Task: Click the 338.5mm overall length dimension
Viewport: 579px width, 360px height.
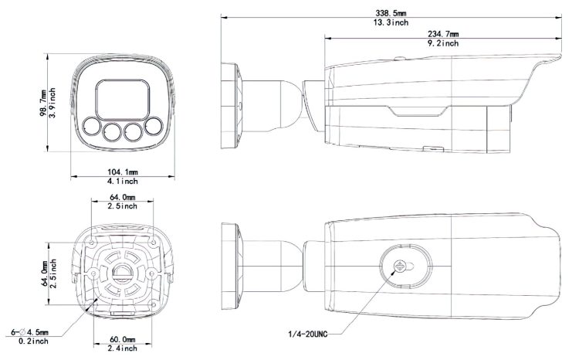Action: point(391,13)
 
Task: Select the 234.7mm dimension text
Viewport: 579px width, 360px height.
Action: point(443,34)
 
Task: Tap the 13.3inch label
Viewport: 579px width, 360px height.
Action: point(391,22)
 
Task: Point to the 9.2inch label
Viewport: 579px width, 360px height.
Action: point(443,43)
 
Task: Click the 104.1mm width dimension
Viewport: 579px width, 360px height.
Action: point(123,172)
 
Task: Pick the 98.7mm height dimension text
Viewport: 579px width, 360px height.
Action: point(42,103)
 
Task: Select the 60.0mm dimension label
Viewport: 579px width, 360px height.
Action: point(123,339)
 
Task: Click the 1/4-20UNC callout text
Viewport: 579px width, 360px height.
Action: point(307,335)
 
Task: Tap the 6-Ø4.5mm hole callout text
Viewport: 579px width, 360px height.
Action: point(29,332)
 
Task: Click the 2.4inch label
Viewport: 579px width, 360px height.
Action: point(123,348)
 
